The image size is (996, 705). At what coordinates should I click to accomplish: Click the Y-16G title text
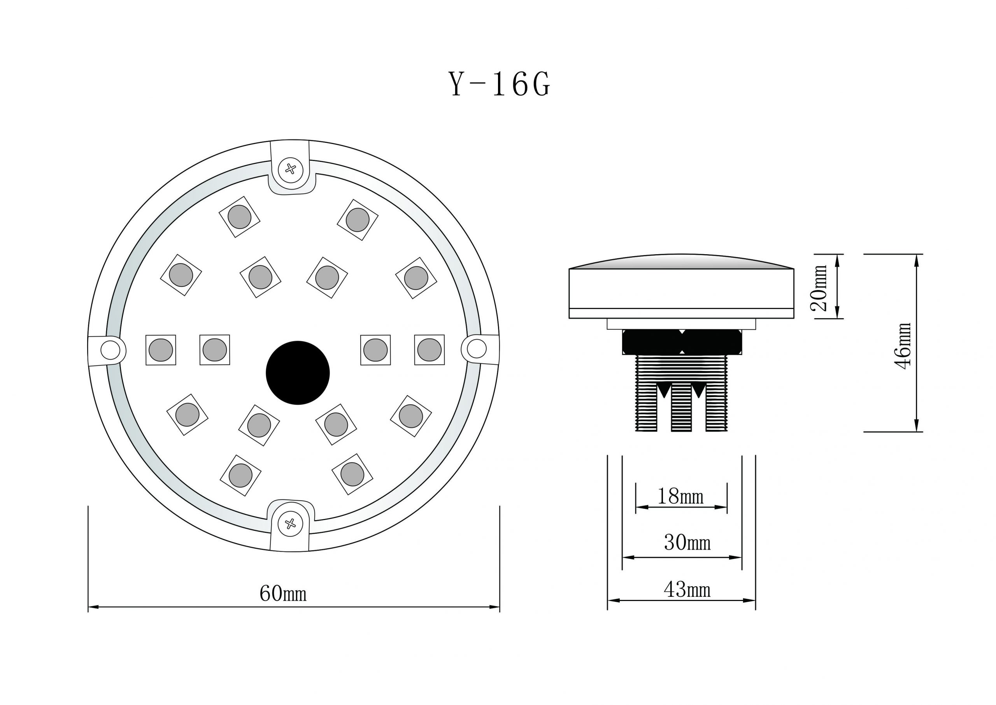point(499,84)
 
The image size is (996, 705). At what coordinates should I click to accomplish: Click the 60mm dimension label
point(283,593)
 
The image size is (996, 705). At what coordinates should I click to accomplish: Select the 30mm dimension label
point(687,543)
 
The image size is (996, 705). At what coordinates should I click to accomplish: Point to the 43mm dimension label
point(687,589)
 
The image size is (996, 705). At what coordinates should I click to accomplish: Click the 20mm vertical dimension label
point(819,287)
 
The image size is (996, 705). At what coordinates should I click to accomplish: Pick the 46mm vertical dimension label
point(903,346)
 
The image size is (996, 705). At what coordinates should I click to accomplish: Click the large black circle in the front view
point(298,373)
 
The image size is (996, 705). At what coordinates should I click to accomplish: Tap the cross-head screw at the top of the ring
point(291,169)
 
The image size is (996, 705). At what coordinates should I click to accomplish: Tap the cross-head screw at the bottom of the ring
point(290,524)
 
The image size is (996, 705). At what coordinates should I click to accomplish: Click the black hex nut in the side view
point(682,342)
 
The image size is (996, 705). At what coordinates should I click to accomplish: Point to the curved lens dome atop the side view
point(681,262)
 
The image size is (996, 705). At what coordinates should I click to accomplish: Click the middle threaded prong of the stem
point(681,408)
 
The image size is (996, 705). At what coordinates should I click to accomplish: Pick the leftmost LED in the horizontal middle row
point(161,350)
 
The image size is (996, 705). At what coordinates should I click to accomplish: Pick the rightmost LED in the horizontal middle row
point(429,350)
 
